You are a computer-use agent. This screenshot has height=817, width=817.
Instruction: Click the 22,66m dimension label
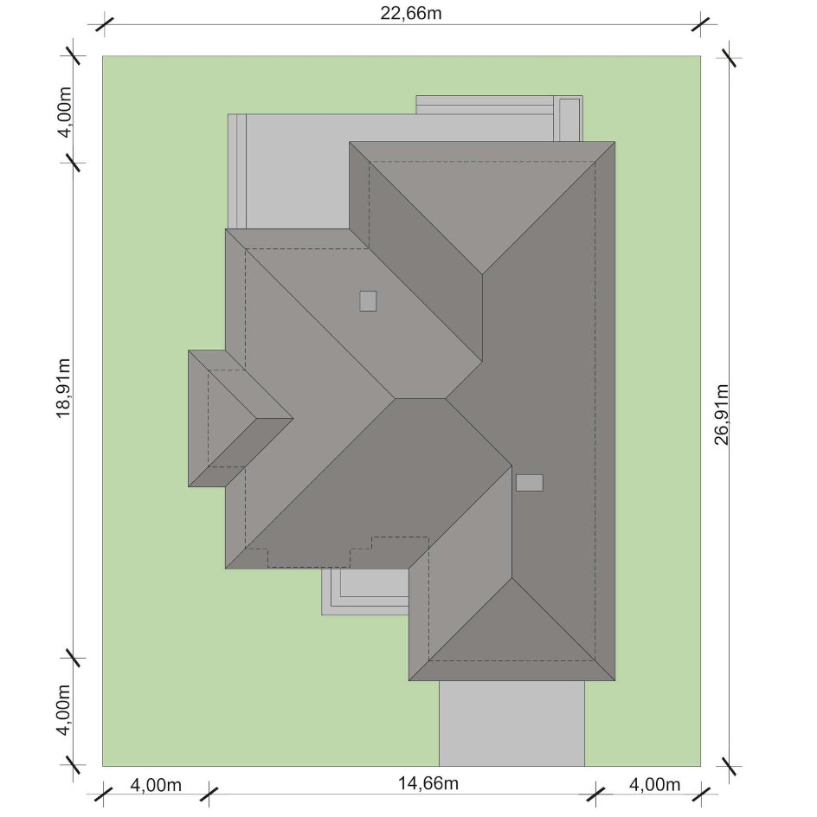[410, 13]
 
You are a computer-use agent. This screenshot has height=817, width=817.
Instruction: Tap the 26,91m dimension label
[721, 415]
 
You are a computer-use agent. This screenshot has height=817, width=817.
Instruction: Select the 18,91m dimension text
[63, 388]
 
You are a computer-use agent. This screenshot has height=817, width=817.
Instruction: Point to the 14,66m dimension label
[428, 782]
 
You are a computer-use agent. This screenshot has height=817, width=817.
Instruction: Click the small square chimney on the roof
[368, 300]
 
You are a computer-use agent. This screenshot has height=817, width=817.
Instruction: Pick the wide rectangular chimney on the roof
[530, 482]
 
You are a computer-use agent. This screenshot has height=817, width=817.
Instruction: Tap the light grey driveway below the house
[511, 724]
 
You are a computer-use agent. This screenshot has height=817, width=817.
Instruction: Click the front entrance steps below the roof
[364, 591]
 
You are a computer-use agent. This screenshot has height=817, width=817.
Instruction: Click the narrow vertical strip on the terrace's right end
[570, 119]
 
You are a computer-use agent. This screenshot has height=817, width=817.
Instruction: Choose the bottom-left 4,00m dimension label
[155, 784]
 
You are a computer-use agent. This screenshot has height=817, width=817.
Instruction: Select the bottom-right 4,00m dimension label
[654, 784]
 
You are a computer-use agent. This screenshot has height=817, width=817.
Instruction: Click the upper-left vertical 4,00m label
[63, 112]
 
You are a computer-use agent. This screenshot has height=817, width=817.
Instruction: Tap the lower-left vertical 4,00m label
[63, 710]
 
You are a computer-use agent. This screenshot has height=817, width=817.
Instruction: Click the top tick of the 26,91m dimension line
[729, 58]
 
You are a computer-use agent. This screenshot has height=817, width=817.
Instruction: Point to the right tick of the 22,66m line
[701, 24]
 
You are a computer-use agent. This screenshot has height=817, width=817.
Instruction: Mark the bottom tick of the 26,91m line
[729, 767]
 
